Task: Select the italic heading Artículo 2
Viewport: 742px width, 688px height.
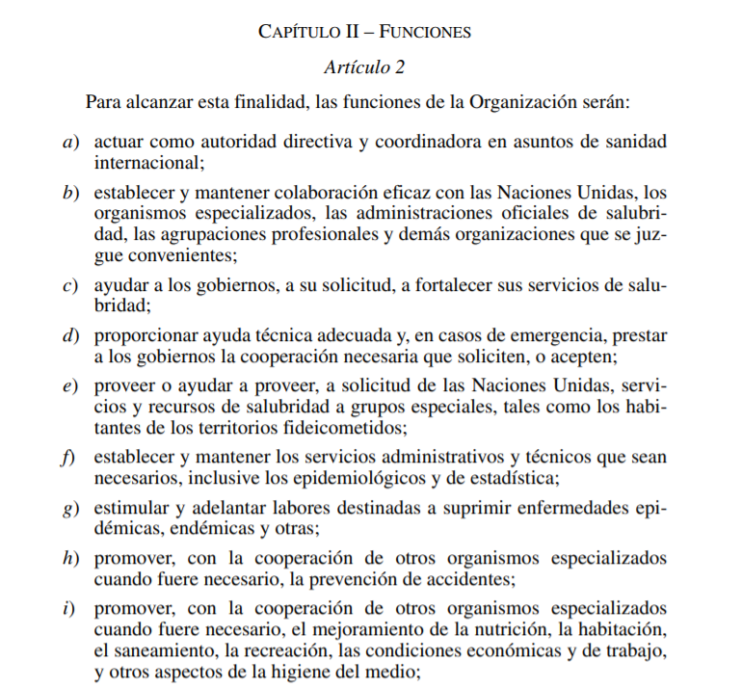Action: pyautogui.click(x=364, y=66)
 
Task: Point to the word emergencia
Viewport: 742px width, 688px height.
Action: pyautogui.click(x=566, y=336)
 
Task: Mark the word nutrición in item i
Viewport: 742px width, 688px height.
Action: pyautogui.click(x=449, y=630)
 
